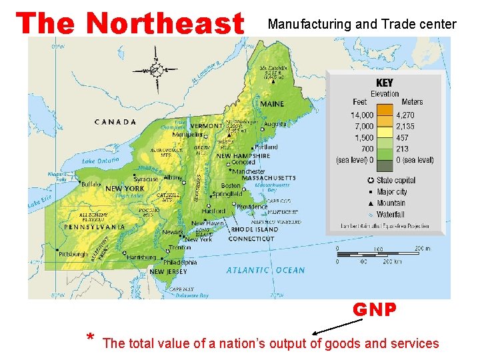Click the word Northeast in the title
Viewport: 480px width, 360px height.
(x=166, y=24)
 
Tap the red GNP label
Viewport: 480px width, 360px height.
(x=375, y=310)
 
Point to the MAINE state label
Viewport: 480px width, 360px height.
(x=272, y=104)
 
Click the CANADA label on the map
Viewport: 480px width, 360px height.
(x=115, y=122)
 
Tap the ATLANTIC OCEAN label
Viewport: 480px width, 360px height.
(x=265, y=270)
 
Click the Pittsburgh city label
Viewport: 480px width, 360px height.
(x=72, y=254)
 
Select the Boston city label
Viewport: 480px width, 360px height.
(x=231, y=185)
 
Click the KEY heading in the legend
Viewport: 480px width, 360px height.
(x=385, y=83)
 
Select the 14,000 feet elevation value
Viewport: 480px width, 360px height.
(x=362, y=115)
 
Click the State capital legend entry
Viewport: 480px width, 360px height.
(x=395, y=180)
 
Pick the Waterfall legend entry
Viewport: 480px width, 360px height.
(x=390, y=215)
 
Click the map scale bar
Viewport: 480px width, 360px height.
(x=381, y=254)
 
